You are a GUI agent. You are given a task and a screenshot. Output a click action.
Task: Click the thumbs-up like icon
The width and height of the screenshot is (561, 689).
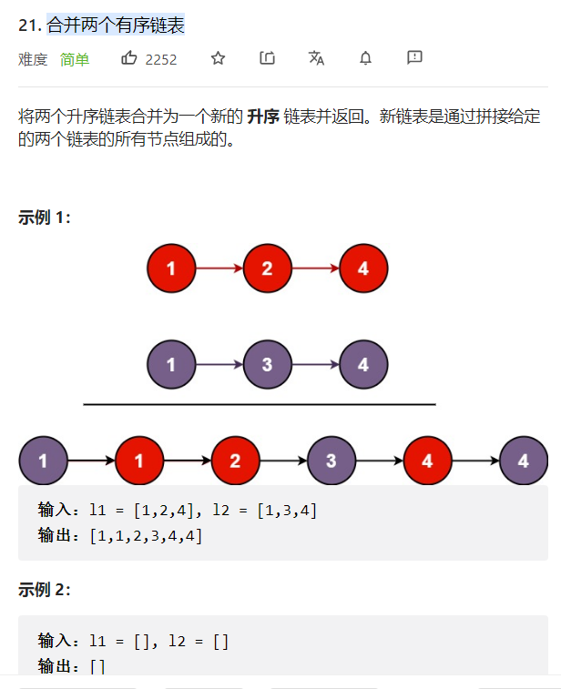(x=128, y=58)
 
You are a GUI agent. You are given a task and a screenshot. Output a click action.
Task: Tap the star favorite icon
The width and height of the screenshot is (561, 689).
(x=218, y=58)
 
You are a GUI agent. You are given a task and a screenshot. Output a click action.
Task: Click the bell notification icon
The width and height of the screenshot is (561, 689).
(x=365, y=58)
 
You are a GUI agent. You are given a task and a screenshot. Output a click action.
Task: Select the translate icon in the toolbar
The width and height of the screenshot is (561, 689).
(x=316, y=58)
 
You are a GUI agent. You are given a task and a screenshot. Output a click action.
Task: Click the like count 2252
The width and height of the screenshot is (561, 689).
(x=161, y=59)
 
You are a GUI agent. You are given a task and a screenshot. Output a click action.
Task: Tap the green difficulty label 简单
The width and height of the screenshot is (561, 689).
(x=75, y=59)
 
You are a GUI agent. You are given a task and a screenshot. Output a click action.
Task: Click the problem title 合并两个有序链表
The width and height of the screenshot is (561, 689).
(x=116, y=25)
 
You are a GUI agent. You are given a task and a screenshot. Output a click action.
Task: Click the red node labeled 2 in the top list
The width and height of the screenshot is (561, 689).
(x=267, y=269)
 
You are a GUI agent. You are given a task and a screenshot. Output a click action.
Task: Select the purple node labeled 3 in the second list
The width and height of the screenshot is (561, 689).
(x=267, y=365)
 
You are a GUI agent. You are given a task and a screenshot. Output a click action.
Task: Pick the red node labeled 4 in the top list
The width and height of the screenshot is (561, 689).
(x=363, y=269)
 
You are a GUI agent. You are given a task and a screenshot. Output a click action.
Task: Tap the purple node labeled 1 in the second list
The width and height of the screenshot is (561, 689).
(x=171, y=365)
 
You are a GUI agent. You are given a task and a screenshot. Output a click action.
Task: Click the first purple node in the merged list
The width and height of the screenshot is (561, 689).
(x=43, y=461)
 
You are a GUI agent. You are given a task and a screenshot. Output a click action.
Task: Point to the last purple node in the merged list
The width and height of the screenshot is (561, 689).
(x=524, y=461)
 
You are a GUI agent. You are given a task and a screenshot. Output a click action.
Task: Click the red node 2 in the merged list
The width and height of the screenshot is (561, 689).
(x=235, y=461)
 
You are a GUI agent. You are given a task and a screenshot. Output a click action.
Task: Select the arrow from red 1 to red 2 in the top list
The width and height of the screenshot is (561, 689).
(x=219, y=269)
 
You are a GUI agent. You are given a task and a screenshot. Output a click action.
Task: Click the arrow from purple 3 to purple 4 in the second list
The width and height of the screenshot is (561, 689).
(x=315, y=365)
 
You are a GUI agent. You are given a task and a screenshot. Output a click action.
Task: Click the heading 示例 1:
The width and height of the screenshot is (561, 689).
(x=45, y=218)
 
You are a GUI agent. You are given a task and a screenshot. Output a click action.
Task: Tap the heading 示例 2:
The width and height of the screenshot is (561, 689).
(x=45, y=589)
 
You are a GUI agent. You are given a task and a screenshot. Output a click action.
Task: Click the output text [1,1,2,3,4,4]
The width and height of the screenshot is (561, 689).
(x=146, y=535)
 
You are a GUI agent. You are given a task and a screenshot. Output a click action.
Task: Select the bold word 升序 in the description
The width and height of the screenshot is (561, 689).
(x=262, y=117)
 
